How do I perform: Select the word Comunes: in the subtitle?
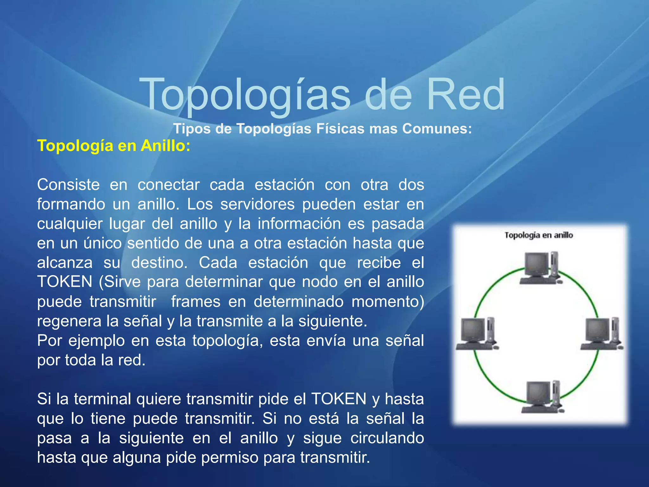coord(437,129)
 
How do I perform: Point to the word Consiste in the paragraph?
coord(68,185)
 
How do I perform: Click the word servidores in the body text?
coord(257,204)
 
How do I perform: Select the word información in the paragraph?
coord(299,224)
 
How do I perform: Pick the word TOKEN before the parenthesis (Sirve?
coord(65,282)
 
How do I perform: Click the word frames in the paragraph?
coord(196,302)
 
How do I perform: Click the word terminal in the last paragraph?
coord(102,399)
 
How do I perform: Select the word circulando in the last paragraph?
coord(387,438)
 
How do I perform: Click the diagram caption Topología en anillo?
coord(539,235)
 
